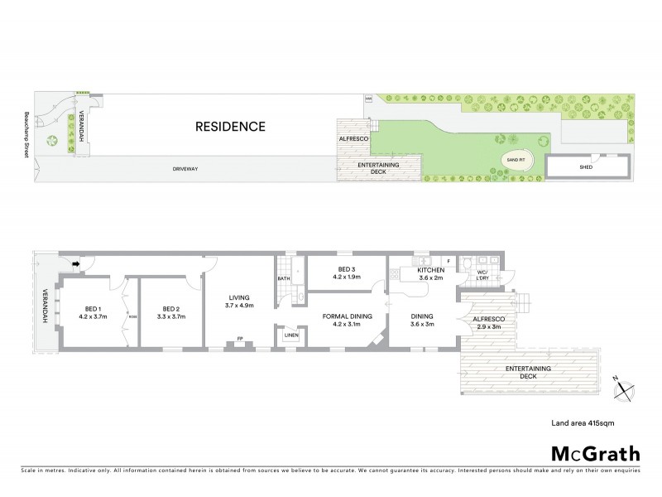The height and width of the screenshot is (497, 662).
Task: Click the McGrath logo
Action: click(x=594, y=453)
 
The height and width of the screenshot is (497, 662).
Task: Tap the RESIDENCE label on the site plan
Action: click(x=230, y=127)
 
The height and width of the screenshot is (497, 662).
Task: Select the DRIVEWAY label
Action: click(x=184, y=169)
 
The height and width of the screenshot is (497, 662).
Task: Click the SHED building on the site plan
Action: click(x=585, y=166)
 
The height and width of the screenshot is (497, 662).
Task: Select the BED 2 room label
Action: click(x=170, y=311)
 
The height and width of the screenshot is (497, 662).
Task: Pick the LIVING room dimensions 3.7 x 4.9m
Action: click(x=238, y=306)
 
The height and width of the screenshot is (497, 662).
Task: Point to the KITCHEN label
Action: click(x=430, y=270)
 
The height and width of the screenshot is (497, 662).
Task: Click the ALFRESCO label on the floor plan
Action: click(x=488, y=318)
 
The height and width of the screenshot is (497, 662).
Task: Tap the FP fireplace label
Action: click(x=240, y=339)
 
